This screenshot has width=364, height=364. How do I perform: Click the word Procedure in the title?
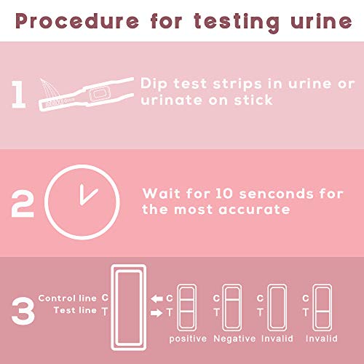77,21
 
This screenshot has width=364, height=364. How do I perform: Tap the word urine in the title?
321,21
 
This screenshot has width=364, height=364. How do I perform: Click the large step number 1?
19,94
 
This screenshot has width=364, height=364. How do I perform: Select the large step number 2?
23,203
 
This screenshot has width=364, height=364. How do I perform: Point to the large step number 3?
23,311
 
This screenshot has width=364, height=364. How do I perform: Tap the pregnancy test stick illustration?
86,94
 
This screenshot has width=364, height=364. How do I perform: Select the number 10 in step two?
224,194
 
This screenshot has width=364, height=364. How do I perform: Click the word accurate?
254,210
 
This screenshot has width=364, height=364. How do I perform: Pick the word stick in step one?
253,100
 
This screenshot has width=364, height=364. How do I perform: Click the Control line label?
68,298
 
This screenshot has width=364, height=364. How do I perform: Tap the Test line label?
75,310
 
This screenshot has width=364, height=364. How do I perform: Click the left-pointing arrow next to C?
157,298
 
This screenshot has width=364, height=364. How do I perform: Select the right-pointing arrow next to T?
157,313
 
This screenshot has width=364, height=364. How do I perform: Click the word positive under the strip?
188,339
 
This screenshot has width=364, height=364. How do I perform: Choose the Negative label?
234,339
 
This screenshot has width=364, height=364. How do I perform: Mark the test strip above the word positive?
187,308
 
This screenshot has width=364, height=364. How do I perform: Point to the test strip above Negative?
232,308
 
